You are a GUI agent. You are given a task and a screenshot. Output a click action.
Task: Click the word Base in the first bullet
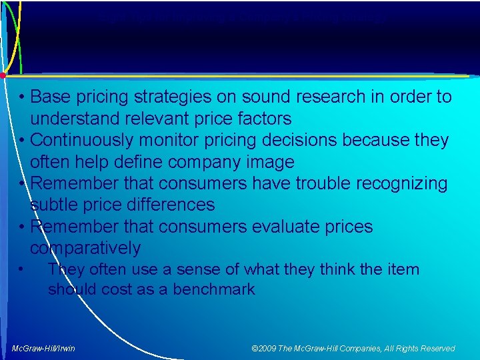tap(51, 97)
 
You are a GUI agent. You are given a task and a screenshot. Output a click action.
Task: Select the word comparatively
tap(85, 249)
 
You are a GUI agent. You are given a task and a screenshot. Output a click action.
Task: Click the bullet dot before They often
tap(22, 269)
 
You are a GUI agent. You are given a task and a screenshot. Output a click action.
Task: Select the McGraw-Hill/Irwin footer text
tap(43, 348)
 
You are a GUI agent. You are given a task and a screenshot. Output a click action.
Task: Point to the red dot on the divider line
tap(3, 75)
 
